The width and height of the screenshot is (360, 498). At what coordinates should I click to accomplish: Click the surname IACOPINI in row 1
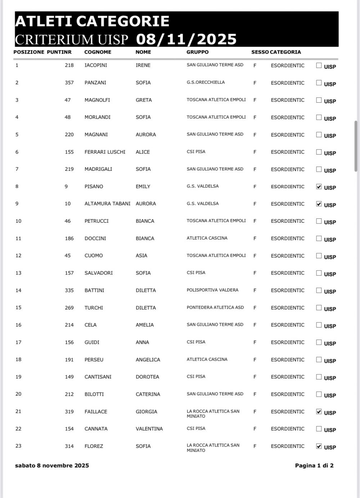tap(95, 65)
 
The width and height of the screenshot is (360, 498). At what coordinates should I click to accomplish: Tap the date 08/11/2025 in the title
tap(186, 39)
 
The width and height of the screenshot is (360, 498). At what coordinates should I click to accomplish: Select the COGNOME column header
tap(98, 52)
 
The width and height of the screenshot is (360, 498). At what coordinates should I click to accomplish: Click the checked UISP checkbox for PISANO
tap(319, 186)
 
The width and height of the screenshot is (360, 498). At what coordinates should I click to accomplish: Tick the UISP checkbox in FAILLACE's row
tap(319, 411)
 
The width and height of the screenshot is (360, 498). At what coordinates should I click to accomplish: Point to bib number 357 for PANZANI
tap(69, 83)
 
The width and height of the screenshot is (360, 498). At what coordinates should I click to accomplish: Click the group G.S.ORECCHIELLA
tap(206, 82)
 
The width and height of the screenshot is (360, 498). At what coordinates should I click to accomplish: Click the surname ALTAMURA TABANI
tap(107, 204)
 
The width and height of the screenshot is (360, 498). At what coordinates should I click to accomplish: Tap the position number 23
tap(18, 446)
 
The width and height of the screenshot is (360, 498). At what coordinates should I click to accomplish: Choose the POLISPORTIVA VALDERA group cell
tap(212, 290)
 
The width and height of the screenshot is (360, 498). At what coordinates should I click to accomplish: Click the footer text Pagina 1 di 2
tap(314, 465)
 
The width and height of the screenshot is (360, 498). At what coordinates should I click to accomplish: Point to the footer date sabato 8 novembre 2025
tap(52, 465)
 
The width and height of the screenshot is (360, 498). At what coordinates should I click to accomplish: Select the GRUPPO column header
tap(197, 52)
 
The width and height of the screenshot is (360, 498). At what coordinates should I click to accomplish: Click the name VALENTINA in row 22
tap(149, 428)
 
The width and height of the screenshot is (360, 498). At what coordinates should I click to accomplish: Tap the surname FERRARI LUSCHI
tap(105, 152)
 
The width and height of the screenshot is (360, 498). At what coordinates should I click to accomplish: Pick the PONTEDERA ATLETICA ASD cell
tap(215, 307)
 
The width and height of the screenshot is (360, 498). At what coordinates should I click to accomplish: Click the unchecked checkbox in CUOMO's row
tap(319, 255)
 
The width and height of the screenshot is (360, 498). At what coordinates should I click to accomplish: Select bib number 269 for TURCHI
tap(69, 307)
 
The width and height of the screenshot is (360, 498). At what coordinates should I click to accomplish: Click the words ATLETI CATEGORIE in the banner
tap(92, 21)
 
